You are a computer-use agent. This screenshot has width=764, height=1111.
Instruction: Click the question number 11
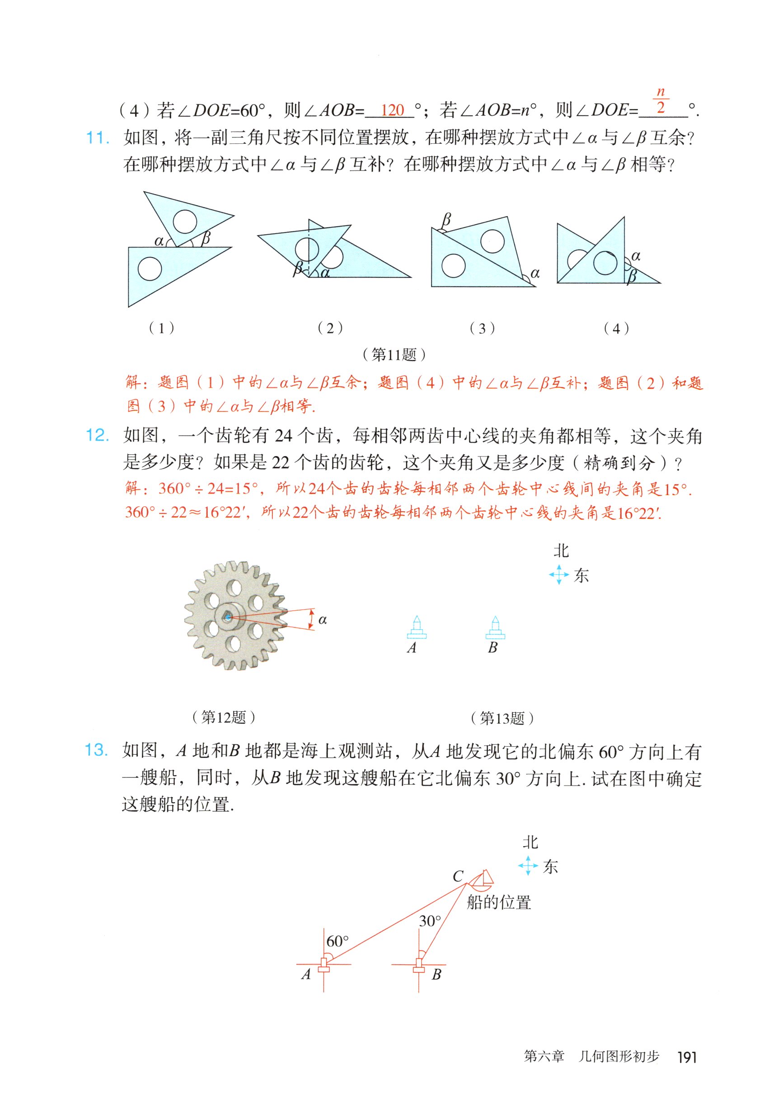[97, 138]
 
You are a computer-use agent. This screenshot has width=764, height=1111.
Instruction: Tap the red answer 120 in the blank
[393, 111]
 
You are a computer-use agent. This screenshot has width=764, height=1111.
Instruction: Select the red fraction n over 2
[661, 99]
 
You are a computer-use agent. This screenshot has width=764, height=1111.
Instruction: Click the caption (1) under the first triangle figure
[161, 328]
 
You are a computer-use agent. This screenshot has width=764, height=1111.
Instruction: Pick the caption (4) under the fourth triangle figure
[616, 329]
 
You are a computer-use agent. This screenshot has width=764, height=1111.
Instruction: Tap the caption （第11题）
[394, 354]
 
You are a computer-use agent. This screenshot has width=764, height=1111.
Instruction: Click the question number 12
[97, 435]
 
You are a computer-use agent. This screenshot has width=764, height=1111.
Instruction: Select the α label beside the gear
[323, 620]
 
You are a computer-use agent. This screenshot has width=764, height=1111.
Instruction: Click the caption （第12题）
[223, 717]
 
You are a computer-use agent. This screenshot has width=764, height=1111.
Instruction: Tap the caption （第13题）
[502, 718]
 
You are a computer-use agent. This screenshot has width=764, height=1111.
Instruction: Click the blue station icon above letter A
[417, 627]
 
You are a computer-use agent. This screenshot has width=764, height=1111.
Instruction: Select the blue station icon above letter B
[495, 627]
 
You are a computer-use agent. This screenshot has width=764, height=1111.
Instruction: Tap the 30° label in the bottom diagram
[430, 921]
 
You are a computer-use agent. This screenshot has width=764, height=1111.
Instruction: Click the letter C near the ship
[458, 876]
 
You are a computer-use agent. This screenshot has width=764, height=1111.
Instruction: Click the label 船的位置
[499, 903]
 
